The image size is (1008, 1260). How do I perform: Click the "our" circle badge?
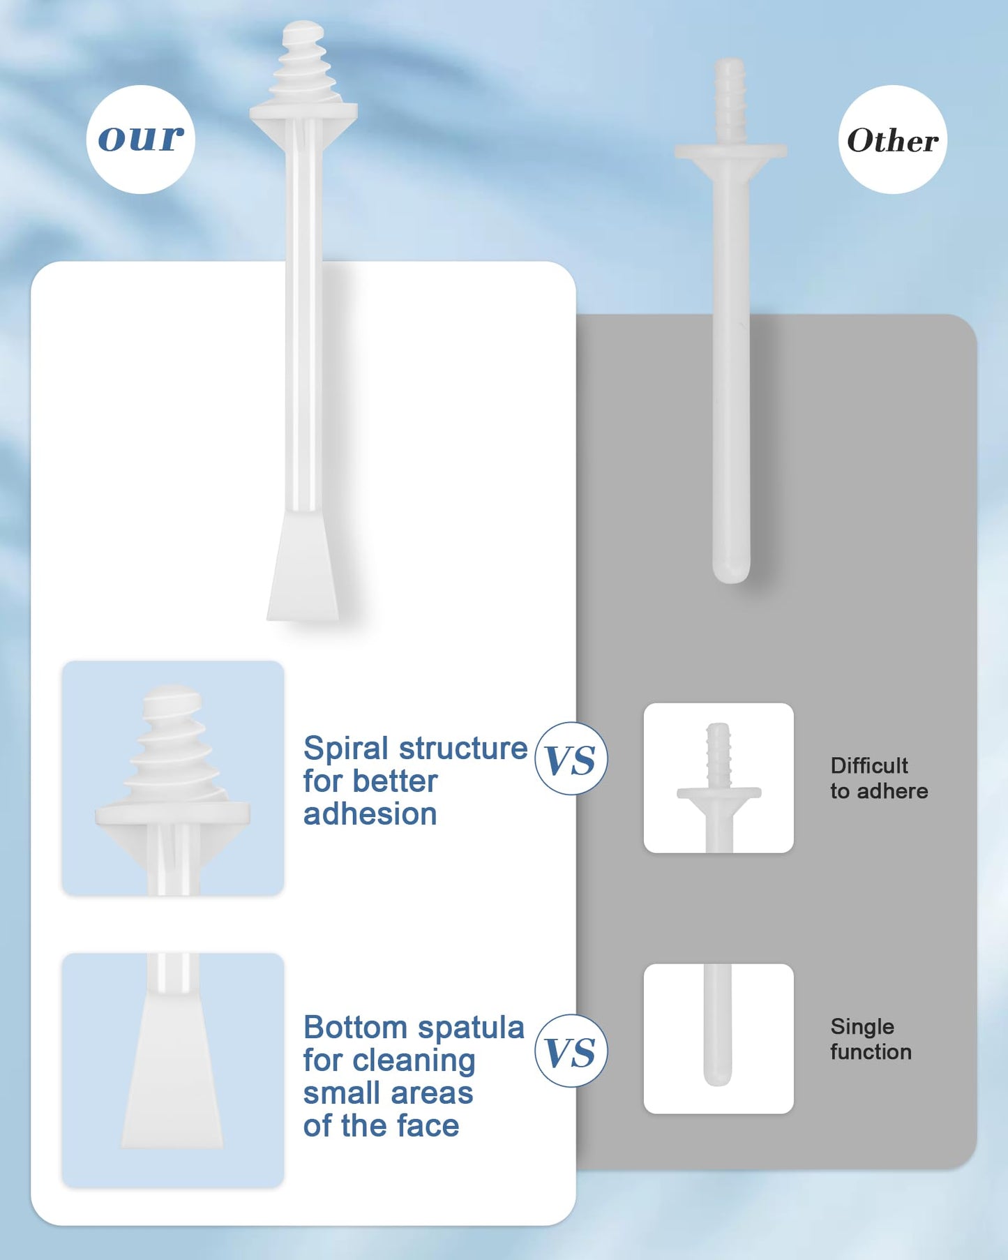coord(140,140)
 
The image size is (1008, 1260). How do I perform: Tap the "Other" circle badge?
coord(892,140)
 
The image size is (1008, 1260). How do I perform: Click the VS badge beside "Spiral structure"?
coord(571,758)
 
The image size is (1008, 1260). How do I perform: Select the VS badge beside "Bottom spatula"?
coord(571,1051)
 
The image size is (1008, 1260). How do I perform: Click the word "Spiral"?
coord(346,749)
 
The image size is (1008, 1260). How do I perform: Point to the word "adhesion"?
coord(370,814)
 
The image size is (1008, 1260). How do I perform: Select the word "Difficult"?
coord(869,765)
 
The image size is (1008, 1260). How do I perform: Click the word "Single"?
coord(862,1027)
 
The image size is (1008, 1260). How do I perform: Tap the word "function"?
coord(871,1051)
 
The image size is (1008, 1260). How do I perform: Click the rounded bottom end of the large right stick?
coord(731,572)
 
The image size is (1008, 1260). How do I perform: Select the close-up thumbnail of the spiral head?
coord(173,778)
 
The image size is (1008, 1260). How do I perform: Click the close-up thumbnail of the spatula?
coord(173,1070)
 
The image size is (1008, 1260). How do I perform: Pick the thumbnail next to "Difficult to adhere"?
coord(719,778)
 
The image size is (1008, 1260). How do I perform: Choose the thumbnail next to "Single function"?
coord(719,1039)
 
